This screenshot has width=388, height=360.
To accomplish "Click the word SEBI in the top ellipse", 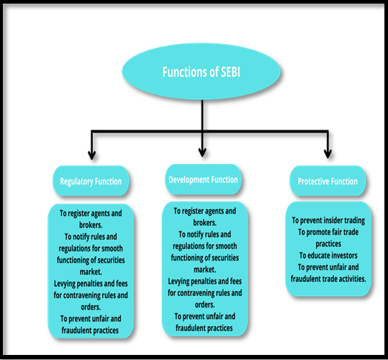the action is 230,72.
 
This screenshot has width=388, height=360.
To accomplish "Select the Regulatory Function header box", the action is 91,181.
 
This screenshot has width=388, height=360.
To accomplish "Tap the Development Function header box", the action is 203,179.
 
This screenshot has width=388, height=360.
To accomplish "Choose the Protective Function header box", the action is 328,181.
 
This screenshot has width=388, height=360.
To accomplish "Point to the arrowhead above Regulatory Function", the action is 92,155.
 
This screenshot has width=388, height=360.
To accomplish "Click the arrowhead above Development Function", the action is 202,153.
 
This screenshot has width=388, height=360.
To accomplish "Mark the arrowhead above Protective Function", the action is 328,153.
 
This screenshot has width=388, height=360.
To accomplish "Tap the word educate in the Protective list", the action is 318,256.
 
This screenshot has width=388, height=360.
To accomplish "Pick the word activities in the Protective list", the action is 352,279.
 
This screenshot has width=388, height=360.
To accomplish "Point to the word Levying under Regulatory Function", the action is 65,284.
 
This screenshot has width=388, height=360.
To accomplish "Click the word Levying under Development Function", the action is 179,282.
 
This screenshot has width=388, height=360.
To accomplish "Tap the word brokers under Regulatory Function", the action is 91,225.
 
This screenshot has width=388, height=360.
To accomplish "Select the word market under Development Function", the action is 205,269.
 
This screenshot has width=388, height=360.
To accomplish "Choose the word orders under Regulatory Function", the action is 91,307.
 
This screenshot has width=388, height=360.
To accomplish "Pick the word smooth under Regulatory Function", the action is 112,248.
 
